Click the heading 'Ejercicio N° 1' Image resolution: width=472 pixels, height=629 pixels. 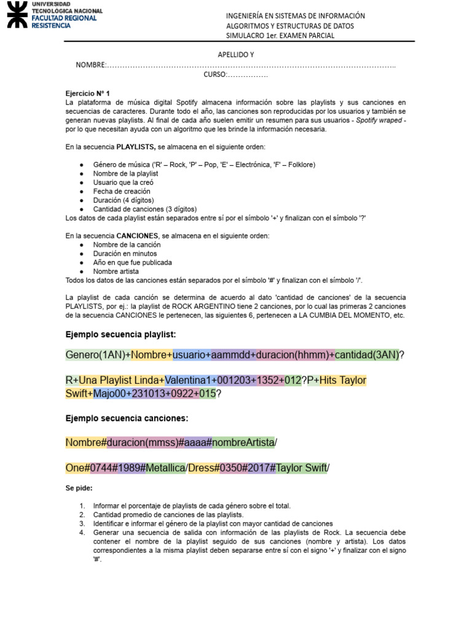pos(87,93)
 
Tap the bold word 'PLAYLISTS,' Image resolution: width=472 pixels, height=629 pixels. pos(138,147)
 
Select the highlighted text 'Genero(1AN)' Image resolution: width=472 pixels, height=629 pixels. pos(97,355)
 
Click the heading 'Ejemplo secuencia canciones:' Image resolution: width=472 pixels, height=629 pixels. pos(127,418)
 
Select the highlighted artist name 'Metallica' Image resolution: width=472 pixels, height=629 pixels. pos(165,468)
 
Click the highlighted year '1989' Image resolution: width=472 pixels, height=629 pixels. pos(130,468)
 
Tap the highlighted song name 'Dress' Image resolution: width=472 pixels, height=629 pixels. pos(201,468)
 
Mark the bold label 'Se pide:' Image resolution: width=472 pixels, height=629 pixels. pos(79,488)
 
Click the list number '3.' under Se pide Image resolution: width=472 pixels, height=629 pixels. pos(82,523)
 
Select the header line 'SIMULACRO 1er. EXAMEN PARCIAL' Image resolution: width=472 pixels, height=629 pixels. pos(280,36)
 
